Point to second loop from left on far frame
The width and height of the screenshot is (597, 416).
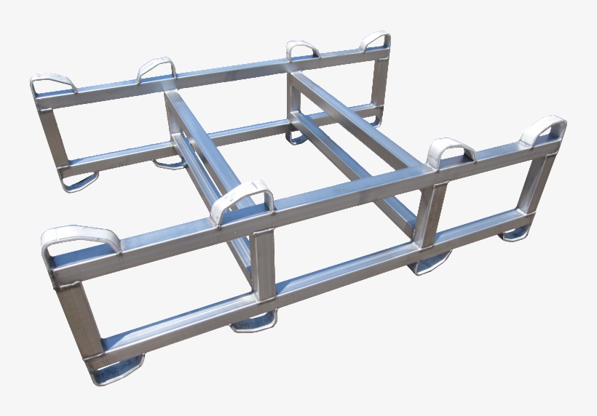pos(156,68)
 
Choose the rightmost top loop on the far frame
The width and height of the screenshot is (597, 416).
pos(376,40)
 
